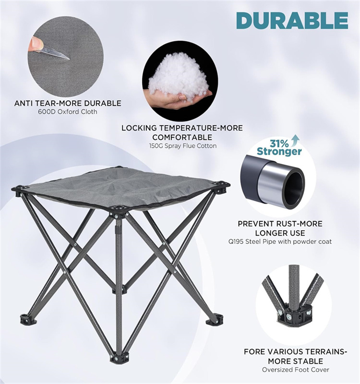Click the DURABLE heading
[x=292, y=20]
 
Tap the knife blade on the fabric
[x=54, y=52]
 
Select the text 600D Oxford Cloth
[x=68, y=112]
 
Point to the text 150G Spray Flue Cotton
[x=182, y=145]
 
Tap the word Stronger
[x=279, y=152]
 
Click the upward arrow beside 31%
[x=294, y=141]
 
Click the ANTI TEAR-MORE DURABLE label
[x=68, y=103]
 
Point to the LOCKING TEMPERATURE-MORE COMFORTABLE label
[x=182, y=132]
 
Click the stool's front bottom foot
[x=119, y=358]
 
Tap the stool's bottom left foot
[x=27, y=319]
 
